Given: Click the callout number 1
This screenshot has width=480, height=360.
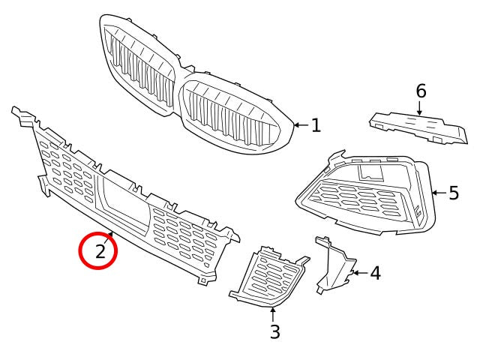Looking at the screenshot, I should (x=316, y=125).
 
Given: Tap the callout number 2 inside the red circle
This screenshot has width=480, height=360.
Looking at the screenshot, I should (x=100, y=251).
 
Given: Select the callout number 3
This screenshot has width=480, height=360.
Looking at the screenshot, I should (x=274, y=331).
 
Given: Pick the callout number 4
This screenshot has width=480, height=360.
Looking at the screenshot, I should (x=375, y=273).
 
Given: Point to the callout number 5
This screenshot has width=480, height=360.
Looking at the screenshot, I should (x=454, y=193).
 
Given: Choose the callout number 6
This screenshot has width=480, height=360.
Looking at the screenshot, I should (x=421, y=91).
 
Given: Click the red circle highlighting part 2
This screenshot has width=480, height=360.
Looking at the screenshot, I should (x=99, y=251).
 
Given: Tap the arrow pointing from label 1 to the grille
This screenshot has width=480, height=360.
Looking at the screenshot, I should (x=301, y=125).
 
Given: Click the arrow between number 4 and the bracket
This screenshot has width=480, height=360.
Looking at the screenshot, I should (x=358, y=273).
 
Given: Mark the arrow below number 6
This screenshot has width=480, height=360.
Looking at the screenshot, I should (x=420, y=108).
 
